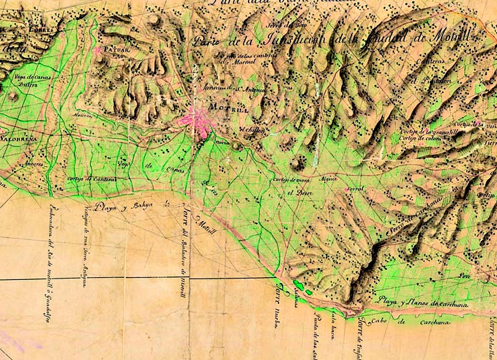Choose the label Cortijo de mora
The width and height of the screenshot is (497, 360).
(291, 180)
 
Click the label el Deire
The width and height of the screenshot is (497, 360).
(297, 193)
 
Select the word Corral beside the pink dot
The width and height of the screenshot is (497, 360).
(355, 189)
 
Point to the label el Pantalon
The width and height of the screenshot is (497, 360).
(431, 81)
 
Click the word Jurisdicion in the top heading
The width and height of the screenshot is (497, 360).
(294, 40)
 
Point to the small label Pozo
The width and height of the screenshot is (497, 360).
(465, 276)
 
